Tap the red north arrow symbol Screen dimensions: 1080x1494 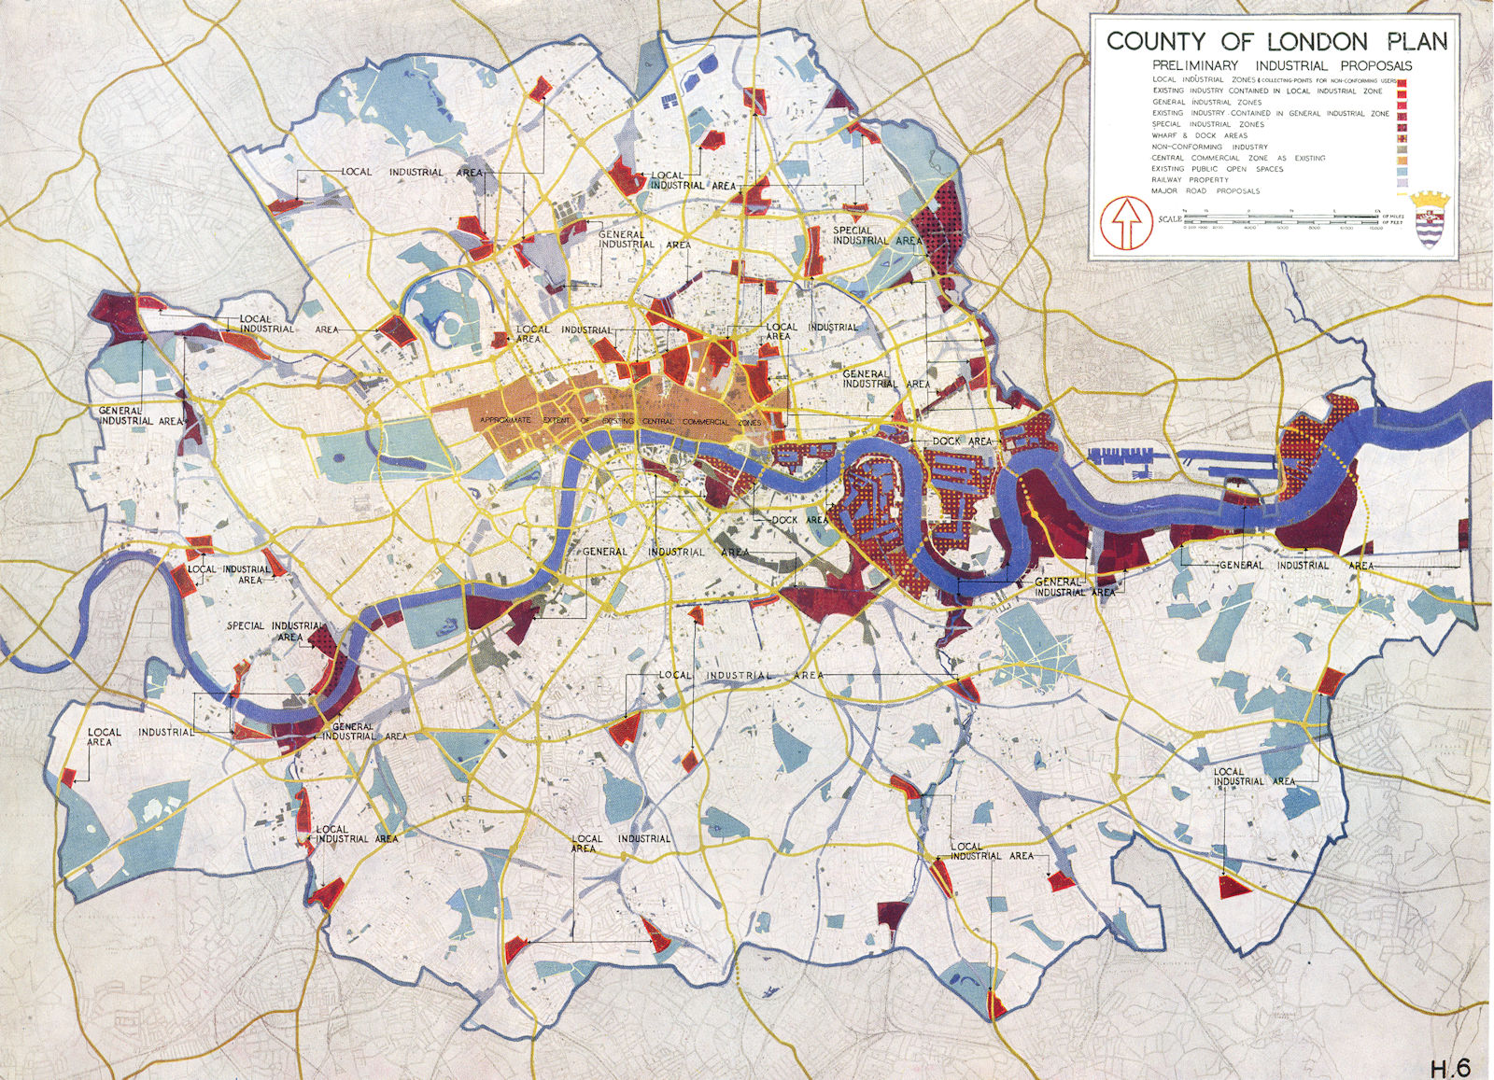pos(1125,223)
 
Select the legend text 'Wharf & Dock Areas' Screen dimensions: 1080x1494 pos(1200,135)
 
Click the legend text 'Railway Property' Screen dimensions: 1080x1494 pos(1191,180)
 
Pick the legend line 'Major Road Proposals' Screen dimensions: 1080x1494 pos(1205,191)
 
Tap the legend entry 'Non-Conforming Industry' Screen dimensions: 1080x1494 pos(1210,147)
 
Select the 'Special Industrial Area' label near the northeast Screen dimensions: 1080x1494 pos(875,235)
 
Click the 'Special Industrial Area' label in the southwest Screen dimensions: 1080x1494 pos(275,631)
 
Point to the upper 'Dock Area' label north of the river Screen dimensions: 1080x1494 pos(962,441)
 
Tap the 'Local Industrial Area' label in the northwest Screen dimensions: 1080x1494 pos(411,173)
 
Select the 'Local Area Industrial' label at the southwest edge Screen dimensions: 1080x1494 pos(140,736)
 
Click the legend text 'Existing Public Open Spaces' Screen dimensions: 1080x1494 pos(1218,169)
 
